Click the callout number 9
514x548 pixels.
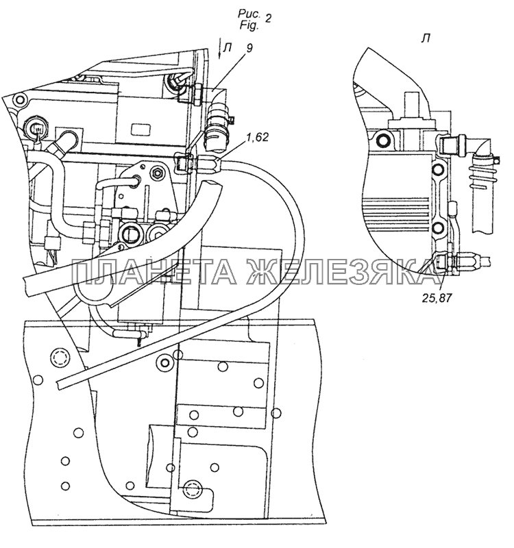point(248,48)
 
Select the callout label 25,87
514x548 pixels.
point(437,298)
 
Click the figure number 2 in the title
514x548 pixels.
point(267,18)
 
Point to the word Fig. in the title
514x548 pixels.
point(249,25)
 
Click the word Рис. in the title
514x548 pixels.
point(249,14)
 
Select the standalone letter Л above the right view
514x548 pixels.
point(426,39)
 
